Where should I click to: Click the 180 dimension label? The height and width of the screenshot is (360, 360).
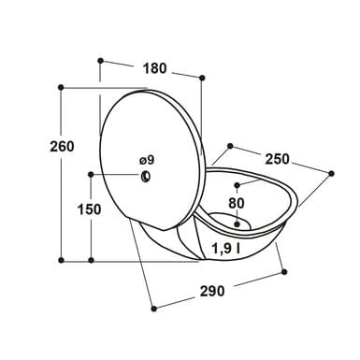point(155,68)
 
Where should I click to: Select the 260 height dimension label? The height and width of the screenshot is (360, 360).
point(62,147)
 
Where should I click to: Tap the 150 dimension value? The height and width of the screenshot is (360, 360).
point(89,209)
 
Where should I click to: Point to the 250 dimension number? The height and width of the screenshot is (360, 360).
point(277,159)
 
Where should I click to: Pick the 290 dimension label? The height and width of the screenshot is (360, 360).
point(212,291)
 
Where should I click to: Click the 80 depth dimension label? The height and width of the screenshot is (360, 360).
point(237,204)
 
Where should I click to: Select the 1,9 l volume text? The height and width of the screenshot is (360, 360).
point(226,249)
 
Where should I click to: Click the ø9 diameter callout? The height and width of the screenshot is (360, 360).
point(147,160)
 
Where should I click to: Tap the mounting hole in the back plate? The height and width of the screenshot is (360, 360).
point(146,177)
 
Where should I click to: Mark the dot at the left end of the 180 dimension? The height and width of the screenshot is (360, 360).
point(100,60)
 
